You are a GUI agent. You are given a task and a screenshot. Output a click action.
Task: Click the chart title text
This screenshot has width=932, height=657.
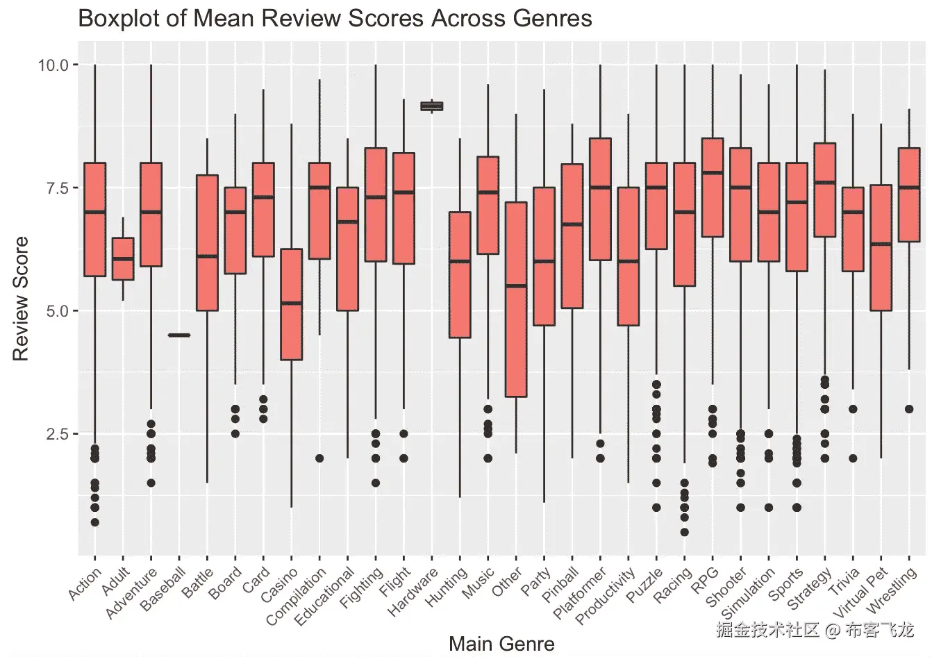[335, 18]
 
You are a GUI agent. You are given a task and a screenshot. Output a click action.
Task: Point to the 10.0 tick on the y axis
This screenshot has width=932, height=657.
[53, 65]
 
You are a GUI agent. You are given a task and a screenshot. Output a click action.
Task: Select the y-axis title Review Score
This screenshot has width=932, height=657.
[21, 299]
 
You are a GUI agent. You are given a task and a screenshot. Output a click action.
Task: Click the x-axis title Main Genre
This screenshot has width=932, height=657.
[501, 644]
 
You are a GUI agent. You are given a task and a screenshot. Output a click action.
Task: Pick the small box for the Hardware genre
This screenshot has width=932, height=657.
[432, 106]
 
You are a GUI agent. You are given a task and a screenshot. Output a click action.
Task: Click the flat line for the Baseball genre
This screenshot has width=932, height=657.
[179, 335]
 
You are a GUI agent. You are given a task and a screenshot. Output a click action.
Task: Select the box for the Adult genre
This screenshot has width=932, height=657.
[123, 259]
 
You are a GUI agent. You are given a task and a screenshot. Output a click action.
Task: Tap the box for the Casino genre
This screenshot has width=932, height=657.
[291, 304]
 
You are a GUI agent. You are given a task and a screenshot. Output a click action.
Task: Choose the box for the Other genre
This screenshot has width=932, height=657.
[516, 299]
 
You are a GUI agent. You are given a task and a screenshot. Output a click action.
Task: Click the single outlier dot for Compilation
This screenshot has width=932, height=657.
[319, 458]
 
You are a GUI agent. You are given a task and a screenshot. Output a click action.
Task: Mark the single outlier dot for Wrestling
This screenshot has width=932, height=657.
[909, 409]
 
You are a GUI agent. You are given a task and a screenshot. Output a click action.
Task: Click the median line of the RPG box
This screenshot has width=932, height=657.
[713, 173]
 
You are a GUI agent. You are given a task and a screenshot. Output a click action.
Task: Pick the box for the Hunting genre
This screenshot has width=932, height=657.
[460, 274]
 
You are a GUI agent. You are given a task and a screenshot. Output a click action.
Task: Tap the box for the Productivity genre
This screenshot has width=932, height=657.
[629, 256]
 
